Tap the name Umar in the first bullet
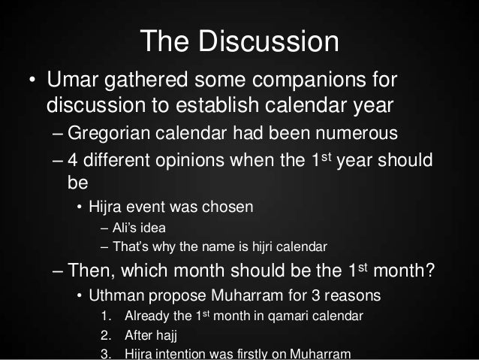(x=74, y=79)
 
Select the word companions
(x=309, y=79)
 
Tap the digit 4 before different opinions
(x=71, y=162)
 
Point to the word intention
(x=185, y=353)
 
